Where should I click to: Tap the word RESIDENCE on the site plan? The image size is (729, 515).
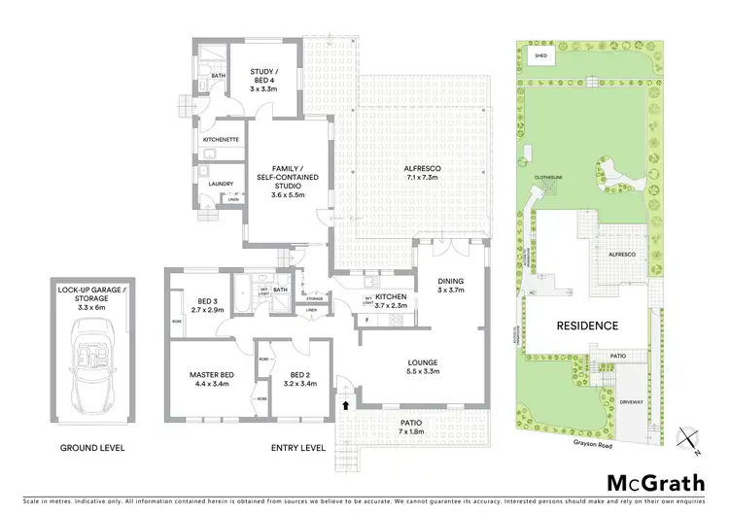(x=586, y=326)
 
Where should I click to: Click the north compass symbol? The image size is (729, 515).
(x=687, y=438)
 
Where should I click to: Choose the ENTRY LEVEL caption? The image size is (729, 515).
(x=297, y=449)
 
